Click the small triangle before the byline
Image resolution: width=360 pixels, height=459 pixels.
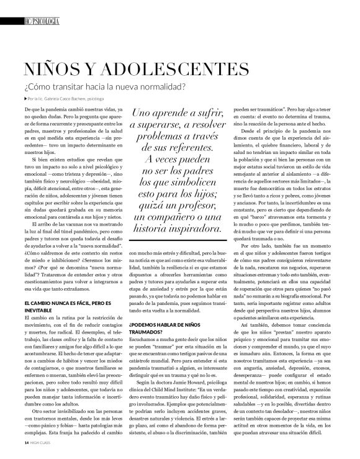25,99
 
